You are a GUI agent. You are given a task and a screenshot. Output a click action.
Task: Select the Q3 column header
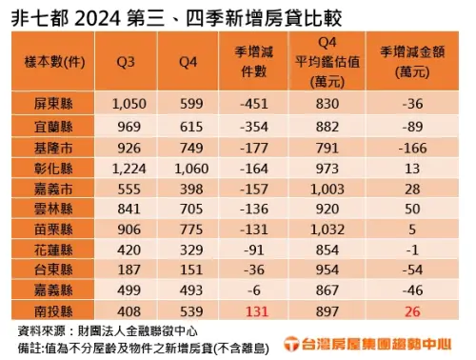[127, 63]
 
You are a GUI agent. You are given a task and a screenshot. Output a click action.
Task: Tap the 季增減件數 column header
[251, 63]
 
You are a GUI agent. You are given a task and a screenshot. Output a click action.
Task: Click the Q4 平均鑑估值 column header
[326, 63]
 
